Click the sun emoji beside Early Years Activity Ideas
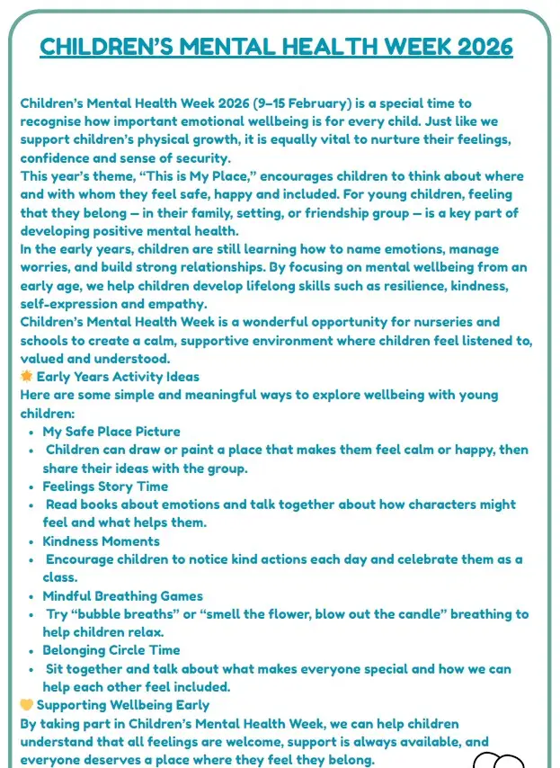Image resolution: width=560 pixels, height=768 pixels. tap(26, 377)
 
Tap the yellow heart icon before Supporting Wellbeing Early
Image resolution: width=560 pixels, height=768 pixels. tap(26, 705)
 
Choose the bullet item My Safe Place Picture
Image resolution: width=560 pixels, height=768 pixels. tap(111, 432)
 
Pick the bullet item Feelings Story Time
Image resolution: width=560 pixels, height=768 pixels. tap(105, 487)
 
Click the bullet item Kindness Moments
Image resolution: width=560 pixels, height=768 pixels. tap(101, 541)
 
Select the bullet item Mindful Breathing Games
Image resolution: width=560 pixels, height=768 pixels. tap(122, 596)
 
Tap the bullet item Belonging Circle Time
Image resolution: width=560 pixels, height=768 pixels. tap(111, 650)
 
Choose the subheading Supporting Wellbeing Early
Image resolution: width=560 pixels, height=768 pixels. tap(122, 705)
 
